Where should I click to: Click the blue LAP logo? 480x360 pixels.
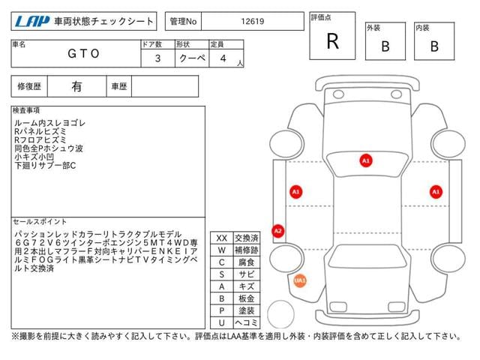tap(31, 22)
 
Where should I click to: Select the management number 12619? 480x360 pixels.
tap(253, 22)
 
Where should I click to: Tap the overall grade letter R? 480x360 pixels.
tap(333, 41)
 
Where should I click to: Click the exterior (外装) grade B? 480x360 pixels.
tap(385, 46)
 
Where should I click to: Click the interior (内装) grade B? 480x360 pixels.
tap(434, 46)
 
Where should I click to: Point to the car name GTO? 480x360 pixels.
tap(83, 53)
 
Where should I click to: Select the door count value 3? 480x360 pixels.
tap(157, 58)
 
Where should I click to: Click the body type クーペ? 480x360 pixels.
tap(192, 58)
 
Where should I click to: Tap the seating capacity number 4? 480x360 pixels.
tap(223, 58)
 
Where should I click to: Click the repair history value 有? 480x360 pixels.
tap(76, 87)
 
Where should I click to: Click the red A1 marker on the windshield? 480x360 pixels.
tap(366, 160)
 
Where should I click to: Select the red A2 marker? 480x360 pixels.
tap(278, 231)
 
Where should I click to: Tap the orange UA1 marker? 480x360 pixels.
tap(300, 280)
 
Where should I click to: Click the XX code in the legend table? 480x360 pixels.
tap(222, 238)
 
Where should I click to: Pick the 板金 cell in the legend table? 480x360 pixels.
tap(247, 298)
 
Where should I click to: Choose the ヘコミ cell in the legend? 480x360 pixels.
tap(247, 322)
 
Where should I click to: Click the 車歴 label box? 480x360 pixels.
tap(119, 87)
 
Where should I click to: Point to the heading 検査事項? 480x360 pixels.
tap(26, 110)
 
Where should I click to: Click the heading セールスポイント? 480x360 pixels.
tap(40, 222)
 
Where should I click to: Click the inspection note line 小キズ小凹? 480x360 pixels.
tap(34, 157)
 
